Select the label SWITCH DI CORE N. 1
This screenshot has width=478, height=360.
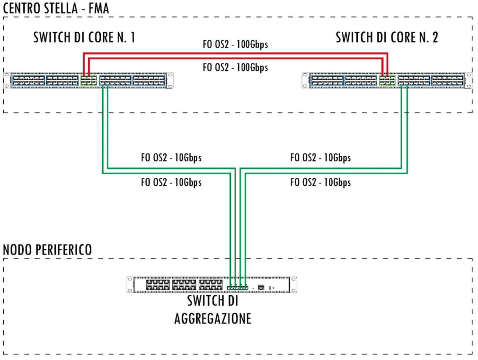(84, 38)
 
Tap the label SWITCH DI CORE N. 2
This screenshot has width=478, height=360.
(387, 38)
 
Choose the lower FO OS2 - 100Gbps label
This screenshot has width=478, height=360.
(235, 67)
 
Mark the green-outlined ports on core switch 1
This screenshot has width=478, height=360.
(88, 80)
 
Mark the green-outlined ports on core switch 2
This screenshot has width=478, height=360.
(388, 80)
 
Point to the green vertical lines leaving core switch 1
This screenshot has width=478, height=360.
(106, 128)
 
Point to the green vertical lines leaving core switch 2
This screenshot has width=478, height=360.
(404, 128)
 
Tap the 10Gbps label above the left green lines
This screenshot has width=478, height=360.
(171, 158)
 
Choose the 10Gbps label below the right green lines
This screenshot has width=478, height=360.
(320, 182)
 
